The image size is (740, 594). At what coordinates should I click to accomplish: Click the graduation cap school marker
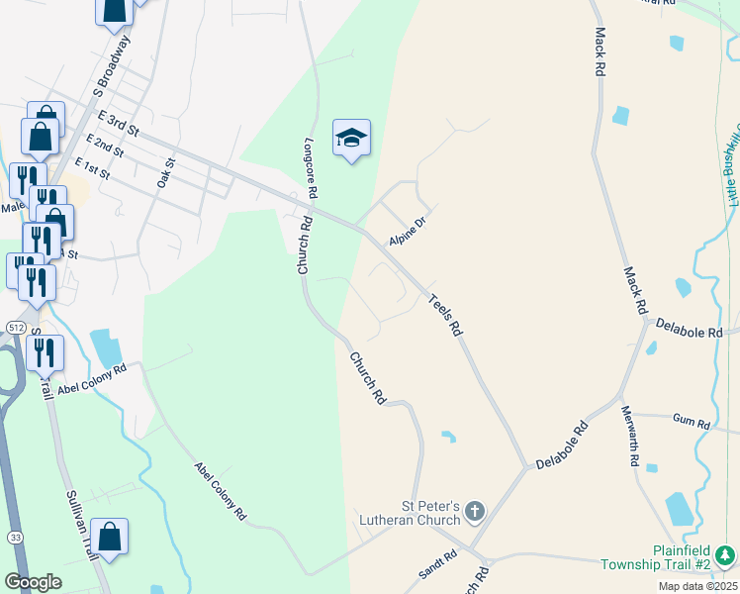(x=351, y=138)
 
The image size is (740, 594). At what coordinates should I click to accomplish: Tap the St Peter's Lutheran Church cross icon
(x=475, y=512)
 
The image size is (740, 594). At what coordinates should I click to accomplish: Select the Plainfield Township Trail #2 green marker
(x=726, y=553)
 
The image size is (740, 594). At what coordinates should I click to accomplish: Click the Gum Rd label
(x=692, y=424)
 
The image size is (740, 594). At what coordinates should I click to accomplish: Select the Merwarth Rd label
(x=630, y=435)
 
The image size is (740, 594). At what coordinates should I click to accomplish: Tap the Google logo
(x=33, y=582)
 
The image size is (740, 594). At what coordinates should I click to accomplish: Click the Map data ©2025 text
(x=696, y=586)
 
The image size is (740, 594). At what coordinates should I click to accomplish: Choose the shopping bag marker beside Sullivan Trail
(x=113, y=540)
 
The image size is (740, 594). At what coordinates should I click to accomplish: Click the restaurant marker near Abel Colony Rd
(x=46, y=353)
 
